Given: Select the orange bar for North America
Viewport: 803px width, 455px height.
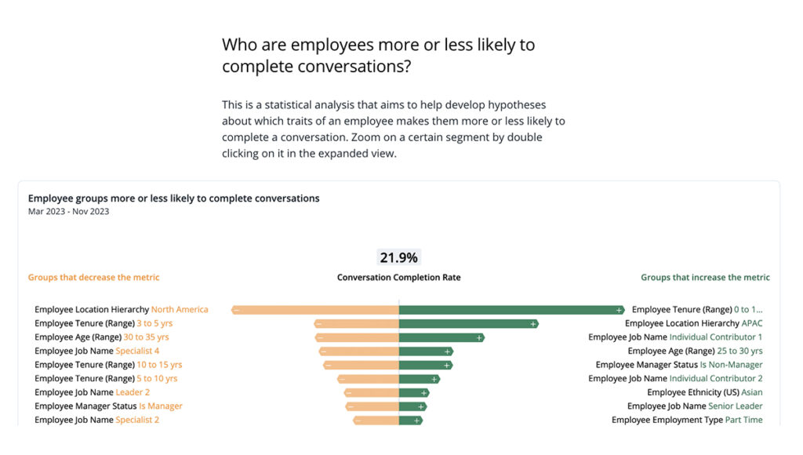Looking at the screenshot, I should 314,310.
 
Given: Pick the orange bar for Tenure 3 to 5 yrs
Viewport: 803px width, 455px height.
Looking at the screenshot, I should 357,323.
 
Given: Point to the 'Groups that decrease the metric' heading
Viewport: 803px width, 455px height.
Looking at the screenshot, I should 93,278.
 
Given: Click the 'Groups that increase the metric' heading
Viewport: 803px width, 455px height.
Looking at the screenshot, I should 705,278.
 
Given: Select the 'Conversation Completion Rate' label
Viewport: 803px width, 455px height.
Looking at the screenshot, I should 398,278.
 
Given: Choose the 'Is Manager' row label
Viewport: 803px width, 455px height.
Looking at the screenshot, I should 161,406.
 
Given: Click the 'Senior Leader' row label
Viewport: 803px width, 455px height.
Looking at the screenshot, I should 735,406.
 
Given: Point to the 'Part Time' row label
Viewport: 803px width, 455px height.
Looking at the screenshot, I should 743,420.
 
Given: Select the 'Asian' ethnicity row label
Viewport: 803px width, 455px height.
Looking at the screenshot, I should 751,392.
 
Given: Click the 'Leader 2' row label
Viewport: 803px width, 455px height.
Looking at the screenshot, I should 133,392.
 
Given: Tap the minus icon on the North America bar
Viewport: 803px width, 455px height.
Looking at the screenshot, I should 236,310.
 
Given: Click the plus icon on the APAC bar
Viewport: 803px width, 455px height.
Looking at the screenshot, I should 533,323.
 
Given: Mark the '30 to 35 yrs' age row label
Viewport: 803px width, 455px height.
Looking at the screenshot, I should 146,337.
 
